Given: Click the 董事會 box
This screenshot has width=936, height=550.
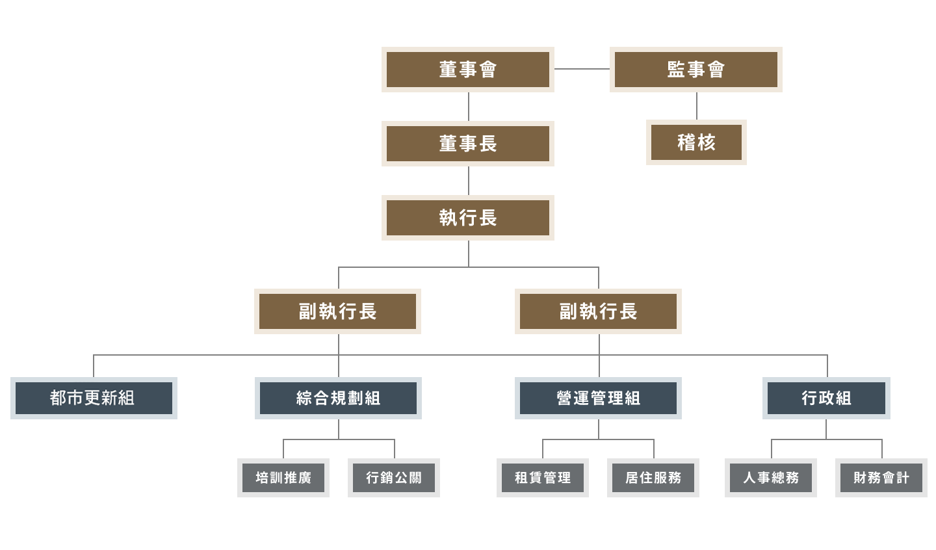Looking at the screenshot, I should pos(468,70).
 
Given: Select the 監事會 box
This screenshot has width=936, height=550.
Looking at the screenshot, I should pos(695,70).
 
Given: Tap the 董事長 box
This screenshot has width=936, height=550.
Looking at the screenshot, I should pos(468,144).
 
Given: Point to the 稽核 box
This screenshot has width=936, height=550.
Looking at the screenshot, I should pos(696,142).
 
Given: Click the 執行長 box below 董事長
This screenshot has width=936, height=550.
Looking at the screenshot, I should pos(468,218).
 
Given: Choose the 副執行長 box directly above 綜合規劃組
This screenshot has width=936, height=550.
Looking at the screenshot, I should pos(337,311).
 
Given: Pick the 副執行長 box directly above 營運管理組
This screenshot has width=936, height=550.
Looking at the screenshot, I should pos(598,311).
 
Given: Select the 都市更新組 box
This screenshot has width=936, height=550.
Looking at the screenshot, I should pos(94,398).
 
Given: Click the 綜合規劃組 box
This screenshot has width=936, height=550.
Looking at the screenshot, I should pos(338,398).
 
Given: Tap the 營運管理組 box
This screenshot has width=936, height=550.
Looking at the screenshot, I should pos(598,398).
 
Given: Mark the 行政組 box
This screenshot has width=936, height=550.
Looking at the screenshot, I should pos(826,398).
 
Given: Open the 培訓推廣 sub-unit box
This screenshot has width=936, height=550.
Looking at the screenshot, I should pos(283,478).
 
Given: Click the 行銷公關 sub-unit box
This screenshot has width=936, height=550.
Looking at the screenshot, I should pos(394,478).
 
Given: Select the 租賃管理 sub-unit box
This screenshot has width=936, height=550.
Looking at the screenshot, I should pos(543,478).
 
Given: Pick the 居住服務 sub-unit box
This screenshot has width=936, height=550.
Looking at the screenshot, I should pos(653,478).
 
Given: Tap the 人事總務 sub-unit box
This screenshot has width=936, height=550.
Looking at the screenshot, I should pos(771,478).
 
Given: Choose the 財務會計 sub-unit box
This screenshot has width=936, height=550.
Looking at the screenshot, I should pos(881,478).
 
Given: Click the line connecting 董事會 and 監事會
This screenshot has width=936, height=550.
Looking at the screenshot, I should pos(582,69).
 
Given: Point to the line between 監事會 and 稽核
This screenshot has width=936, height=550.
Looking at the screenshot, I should pos(697,106).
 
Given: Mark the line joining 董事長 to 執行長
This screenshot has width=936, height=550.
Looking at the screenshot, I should pos(469,181).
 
